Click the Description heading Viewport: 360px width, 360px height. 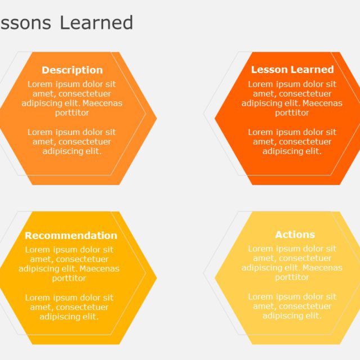point(72,70)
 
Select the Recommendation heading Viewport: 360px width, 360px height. point(71,236)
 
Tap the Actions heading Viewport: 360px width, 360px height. point(295,235)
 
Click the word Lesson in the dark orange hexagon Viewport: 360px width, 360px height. point(269,70)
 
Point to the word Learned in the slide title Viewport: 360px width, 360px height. point(96,22)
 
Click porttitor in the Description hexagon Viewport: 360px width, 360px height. point(72,113)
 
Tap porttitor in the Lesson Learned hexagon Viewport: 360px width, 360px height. point(292,113)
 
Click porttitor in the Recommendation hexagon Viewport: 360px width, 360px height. point(69,278)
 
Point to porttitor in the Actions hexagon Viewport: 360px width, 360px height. point(292,277)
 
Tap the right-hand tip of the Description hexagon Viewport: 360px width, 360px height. point(155,119)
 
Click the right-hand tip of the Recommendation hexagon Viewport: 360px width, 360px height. point(155,278)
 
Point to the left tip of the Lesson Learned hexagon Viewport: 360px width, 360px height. point(215,119)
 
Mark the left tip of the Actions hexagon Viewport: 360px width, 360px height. point(215,278)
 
